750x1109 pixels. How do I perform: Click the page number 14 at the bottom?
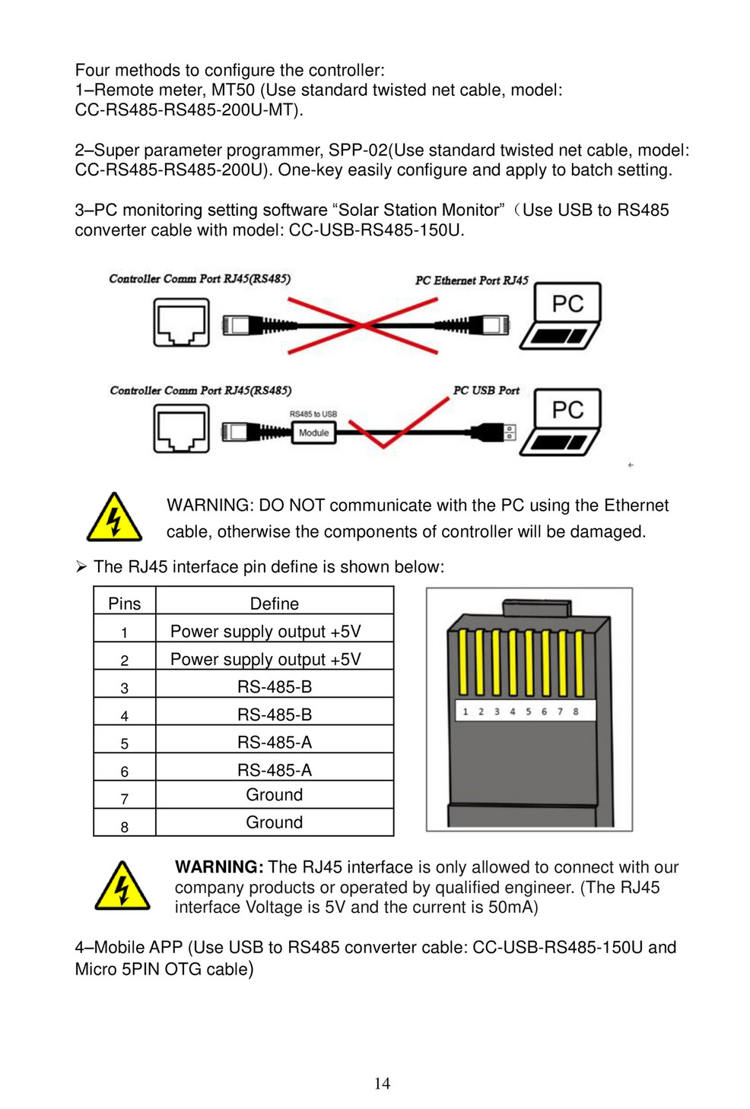(382, 1083)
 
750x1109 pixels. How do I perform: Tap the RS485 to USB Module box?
(313, 433)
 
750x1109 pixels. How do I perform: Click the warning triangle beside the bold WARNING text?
(122, 886)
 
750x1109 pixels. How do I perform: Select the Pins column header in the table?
(125, 604)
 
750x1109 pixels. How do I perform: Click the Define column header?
(275, 604)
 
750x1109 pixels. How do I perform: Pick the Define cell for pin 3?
(275, 686)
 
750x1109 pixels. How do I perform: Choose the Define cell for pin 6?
(275, 770)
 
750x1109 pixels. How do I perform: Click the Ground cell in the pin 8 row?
(275, 822)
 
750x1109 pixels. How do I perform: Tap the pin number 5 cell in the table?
(125, 743)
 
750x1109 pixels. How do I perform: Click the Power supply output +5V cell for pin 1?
(265, 632)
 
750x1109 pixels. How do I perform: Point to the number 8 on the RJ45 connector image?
(576, 712)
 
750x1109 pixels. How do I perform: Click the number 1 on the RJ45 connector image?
(466, 712)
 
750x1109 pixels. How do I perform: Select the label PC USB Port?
(486, 391)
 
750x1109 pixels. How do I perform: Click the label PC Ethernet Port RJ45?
(472, 280)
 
